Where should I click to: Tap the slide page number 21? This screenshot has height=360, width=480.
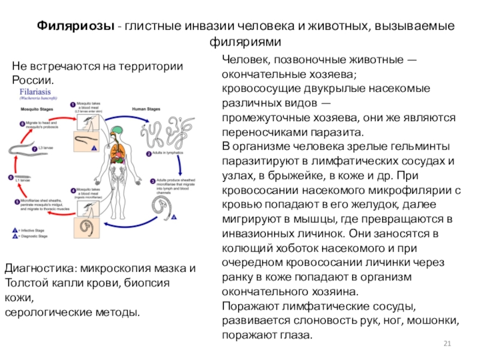pyautogui.click(x=446, y=343)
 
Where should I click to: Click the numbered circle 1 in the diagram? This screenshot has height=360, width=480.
pyautogui.click(x=73, y=104)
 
